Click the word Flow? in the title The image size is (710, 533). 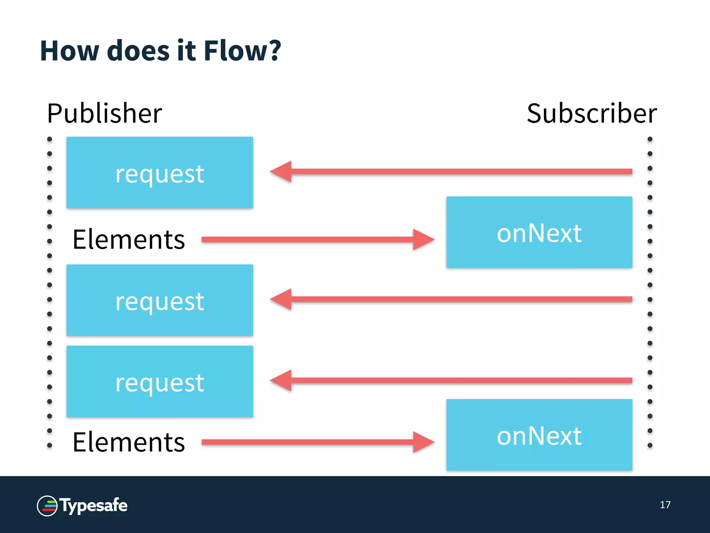(242, 51)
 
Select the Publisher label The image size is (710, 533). (104, 113)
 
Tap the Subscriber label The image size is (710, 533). (591, 113)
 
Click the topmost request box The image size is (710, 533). (159, 172)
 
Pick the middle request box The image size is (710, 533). (159, 300)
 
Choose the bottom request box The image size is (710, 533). (159, 381)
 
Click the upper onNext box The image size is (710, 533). (539, 232)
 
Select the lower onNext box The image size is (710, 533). (539, 435)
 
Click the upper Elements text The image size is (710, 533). (129, 239)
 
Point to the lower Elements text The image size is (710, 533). (129, 442)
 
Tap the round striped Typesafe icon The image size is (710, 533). (47, 506)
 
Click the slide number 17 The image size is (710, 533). (665, 505)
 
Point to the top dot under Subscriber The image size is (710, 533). (650, 139)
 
